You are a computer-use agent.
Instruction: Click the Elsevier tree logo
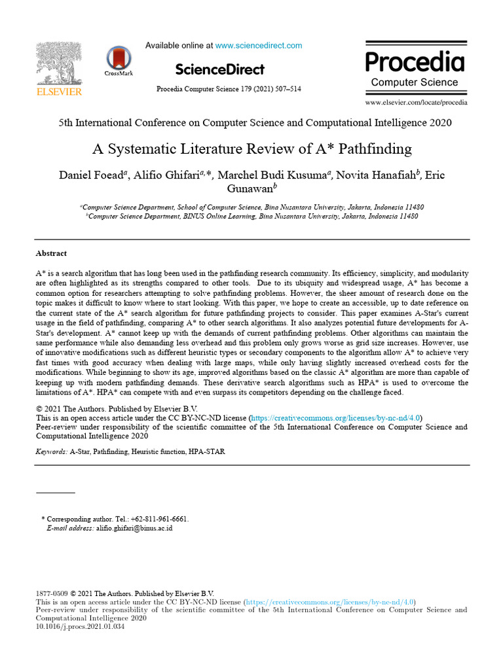[59, 63]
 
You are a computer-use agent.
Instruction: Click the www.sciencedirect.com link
[259, 46]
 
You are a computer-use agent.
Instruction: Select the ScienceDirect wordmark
[220, 69]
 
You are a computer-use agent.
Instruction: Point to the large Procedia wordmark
[415, 62]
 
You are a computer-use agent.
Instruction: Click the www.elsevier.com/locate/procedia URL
[416, 103]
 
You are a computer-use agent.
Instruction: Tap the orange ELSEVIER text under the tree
[59, 92]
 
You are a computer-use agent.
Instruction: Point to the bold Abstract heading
[51, 253]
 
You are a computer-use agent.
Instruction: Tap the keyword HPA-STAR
[207, 451]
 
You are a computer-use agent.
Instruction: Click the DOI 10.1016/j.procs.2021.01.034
[80, 626]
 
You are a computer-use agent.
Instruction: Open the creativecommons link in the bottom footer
[330, 602]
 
